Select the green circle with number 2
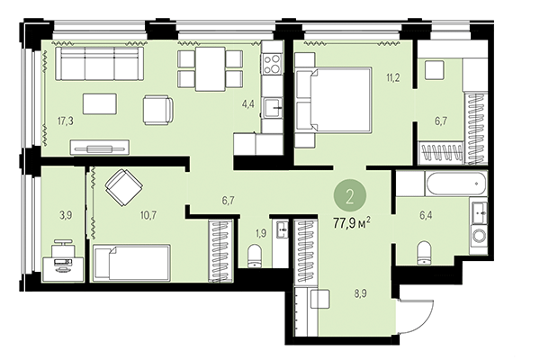(348, 193)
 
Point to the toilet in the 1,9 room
(256, 255)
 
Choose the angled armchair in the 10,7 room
(122, 189)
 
